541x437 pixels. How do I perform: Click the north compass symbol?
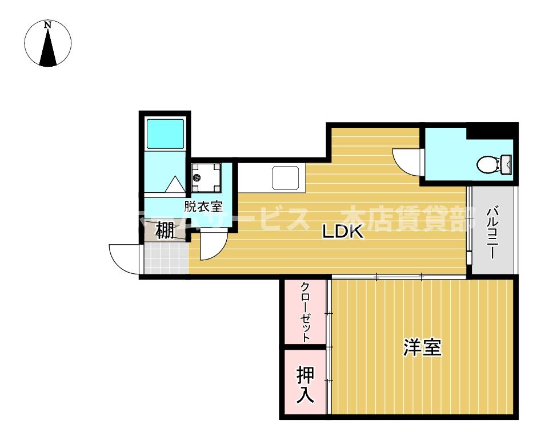click(x=48, y=43)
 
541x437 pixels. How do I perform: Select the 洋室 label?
click(x=423, y=347)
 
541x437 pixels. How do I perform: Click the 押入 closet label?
click(x=306, y=385)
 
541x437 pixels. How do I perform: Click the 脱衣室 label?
click(x=203, y=206)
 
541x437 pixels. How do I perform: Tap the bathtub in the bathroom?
click(x=165, y=133)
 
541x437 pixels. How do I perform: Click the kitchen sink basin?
click(x=288, y=178)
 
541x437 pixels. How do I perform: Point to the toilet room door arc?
click(x=408, y=160)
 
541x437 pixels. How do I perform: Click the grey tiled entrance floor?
click(x=165, y=258)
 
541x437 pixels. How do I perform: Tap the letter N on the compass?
click(x=49, y=25)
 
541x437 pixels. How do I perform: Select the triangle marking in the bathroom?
click(x=174, y=184)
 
